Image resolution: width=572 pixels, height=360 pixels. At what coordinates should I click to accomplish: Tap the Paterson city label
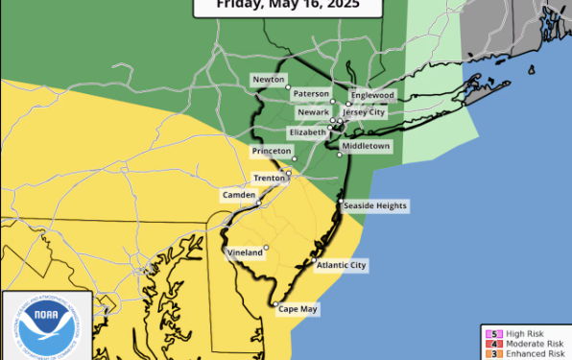[x=308, y=95]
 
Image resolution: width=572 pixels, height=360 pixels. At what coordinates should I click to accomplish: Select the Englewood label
[x=372, y=95]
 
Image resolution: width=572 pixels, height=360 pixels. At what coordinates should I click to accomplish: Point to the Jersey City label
[x=369, y=111]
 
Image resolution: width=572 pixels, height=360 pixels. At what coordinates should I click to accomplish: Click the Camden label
[x=239, y=195]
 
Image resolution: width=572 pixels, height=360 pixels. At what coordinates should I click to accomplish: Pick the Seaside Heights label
[x=375, y=205]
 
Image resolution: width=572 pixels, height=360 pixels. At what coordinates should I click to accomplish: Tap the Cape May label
[x=298, y=309]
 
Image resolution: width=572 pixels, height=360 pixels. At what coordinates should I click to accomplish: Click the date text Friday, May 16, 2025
[x=285, y=5]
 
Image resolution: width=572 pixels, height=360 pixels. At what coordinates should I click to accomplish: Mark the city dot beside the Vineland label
[x=266, y=248]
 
